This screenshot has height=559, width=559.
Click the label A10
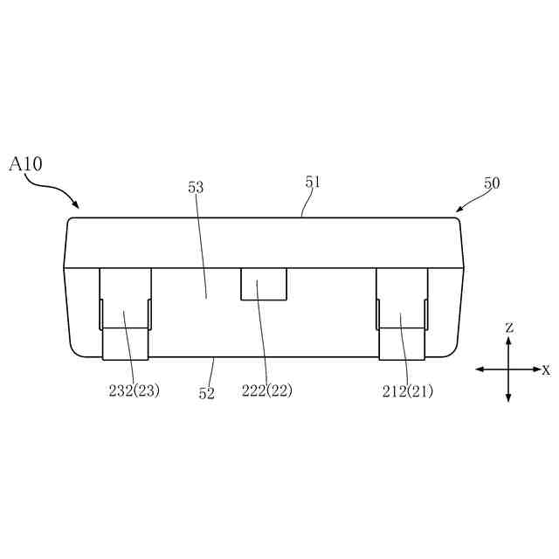point(25,164)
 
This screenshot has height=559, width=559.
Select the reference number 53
point(196,187)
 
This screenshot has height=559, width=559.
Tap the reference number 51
point(313,182)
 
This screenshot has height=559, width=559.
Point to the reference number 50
point(492,183)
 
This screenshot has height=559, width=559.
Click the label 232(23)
point(134,391)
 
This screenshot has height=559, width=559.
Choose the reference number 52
point(207,393)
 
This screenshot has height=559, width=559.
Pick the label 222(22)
point(267,391)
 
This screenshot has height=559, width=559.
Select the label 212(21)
point(408,391)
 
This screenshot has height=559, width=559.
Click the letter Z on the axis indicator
point(510,328)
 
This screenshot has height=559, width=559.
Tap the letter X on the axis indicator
point(546,370)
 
